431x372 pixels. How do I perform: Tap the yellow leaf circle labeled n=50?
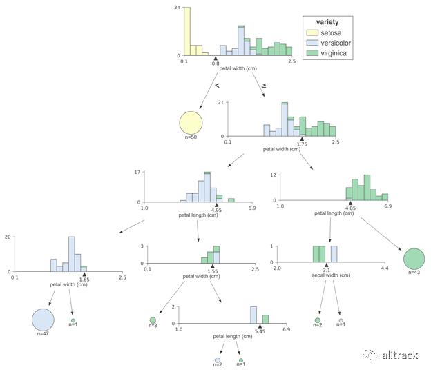(191, 123)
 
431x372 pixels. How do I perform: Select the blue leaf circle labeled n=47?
(43, 319)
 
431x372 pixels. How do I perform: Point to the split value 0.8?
(215, 63)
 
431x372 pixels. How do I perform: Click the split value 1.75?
(302, 144)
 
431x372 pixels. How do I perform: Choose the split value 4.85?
(350, 208)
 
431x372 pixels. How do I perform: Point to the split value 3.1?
(327, 271)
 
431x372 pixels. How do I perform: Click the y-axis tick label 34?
(178, 8)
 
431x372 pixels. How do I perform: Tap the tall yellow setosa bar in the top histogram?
(187, 31)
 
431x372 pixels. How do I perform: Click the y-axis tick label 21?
(220, 103)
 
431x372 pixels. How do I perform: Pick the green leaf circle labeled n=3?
(153, 320)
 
